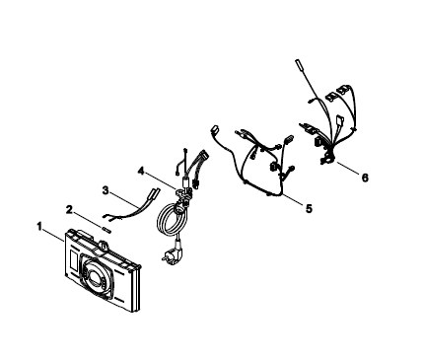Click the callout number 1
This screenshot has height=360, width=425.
point(39,227)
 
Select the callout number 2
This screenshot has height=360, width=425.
point(69,209)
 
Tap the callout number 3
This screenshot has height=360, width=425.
point(106,190)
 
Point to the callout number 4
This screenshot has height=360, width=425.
point(141,171)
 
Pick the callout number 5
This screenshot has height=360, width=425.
point(309,208)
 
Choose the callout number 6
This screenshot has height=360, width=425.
point(365,178)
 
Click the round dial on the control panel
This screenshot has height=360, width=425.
point(96,273)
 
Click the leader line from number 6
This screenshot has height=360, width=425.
point(347,168)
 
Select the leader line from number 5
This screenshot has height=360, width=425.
point(293,199)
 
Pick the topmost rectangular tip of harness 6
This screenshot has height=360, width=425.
point(299,64)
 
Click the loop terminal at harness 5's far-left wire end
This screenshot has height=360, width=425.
point(214,128)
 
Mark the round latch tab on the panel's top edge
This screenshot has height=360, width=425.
point(104,245)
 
